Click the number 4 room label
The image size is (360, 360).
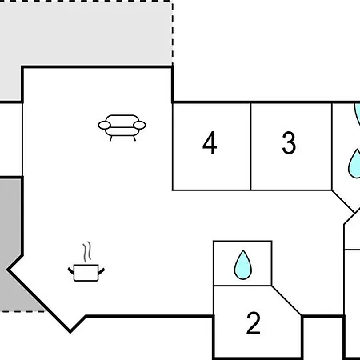(210, 142)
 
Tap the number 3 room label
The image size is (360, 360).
(289, 142)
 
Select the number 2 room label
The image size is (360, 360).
(254, 323)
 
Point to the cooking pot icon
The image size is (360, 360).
(86, 273)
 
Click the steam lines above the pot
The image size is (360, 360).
(87, 252)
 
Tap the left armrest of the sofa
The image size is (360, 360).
(104, 125)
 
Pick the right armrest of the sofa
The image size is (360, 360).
(139, 125)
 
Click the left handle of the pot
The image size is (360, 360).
(71, 271)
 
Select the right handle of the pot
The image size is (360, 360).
(102, 271)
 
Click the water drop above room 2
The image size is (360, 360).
(243, 265)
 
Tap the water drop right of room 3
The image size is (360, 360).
(354, 164)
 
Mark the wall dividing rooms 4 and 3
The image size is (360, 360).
(250, 146)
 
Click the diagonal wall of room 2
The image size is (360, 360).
(286, 301)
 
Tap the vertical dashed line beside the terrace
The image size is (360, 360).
(173, 34)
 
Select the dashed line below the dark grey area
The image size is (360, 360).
(22, 311)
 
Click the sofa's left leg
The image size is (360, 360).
(111, 138)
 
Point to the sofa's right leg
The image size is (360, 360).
(134, 138)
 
